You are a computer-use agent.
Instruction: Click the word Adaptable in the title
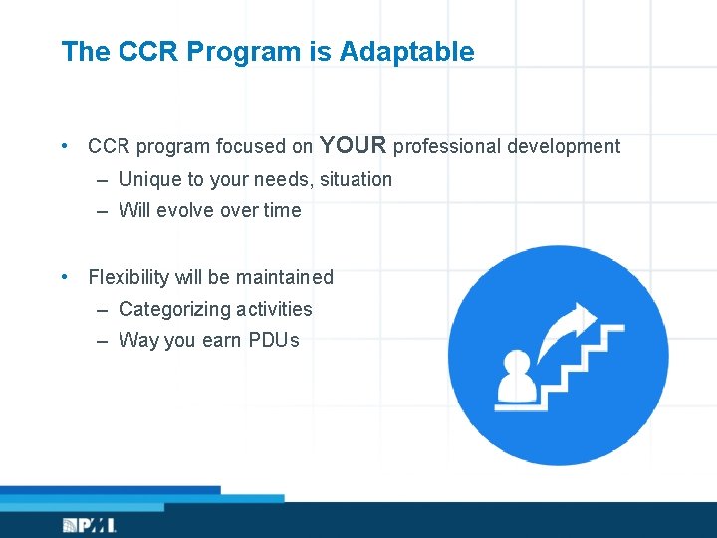click(406, 52)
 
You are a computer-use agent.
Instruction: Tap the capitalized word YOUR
click(353, 145)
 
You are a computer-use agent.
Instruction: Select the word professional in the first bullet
click(447, 147)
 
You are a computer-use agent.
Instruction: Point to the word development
click(564, 147)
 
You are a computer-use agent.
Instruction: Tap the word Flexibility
click(129, 277)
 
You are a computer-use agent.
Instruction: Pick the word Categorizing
click(172, 309)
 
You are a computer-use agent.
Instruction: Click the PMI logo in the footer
click(89, 524)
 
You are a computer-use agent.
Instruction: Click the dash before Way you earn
click(103, 341)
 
